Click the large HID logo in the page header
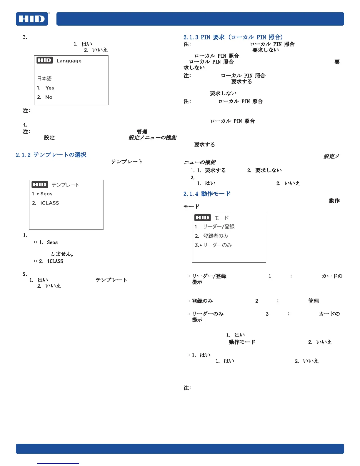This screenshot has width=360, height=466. coord(32,19)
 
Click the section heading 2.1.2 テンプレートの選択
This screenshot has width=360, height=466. coord(51,155)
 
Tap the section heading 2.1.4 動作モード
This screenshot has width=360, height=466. coord(207,194)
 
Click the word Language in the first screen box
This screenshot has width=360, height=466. coord(69,61)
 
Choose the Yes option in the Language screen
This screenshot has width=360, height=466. coord(49,88)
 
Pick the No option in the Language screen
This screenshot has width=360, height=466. coord(49,97)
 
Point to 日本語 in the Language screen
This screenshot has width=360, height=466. coord(44,79)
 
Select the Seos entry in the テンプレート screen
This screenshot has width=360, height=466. coord(46,194)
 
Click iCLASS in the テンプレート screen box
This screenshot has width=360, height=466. coord(49,203)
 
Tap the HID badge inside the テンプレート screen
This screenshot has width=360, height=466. coord(40,185)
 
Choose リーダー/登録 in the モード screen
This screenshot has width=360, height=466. coord(219,227)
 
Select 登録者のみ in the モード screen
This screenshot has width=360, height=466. coord(216,236)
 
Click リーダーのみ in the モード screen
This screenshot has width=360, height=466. coord(217,245)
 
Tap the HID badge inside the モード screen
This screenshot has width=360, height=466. coord(202,218)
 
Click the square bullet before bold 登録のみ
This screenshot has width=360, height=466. coord(188,301)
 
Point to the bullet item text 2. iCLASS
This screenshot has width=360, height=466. coord(51,261)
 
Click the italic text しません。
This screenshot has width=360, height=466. coord(62,254)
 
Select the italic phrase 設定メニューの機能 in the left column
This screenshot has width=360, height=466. coord(152,138)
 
